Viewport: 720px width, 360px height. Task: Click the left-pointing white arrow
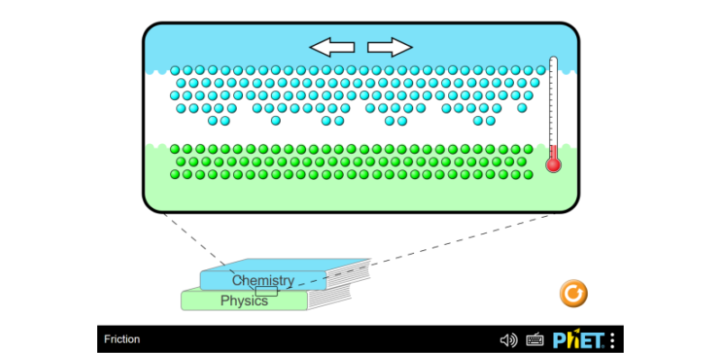332,47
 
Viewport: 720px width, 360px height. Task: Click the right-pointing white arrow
390,47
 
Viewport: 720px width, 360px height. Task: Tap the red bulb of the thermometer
553,165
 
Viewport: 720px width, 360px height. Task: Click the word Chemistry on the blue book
263,281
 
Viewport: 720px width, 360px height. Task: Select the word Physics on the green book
244,301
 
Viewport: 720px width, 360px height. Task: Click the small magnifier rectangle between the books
266,291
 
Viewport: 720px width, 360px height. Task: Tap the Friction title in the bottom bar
121,339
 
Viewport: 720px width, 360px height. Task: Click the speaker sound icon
508,340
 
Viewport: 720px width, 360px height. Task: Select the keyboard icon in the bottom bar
535,340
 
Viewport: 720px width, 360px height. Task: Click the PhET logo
577,340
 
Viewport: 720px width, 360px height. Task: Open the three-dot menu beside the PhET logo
613,340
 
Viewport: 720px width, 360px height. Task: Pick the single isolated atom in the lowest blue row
275,120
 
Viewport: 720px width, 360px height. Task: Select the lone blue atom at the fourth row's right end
522,108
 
